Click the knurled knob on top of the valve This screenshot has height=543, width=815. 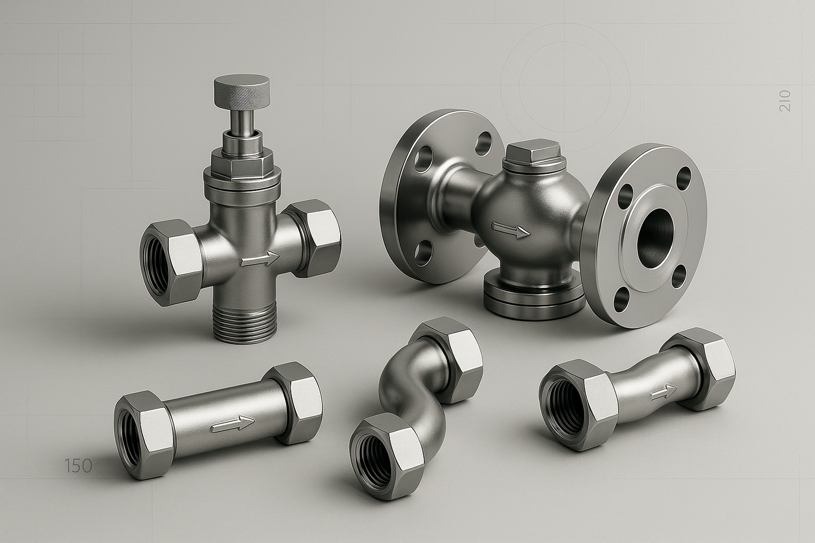[242, 91]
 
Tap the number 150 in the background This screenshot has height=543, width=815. [78, 465]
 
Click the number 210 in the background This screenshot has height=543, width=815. [785, 101]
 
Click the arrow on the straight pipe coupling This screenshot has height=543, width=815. [233, 424]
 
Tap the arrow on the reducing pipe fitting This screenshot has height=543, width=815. [663, 393]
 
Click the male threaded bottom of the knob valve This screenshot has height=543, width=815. [244, 323]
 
